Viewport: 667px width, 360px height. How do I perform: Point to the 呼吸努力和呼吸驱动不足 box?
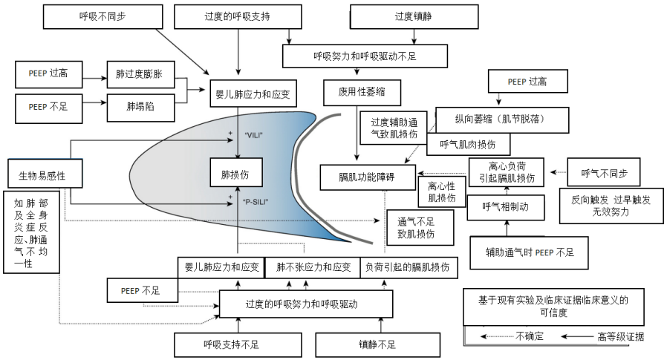(365, 56)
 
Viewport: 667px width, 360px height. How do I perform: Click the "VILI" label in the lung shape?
(255, 136)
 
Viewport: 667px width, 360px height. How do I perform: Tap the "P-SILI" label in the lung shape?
(256, 202)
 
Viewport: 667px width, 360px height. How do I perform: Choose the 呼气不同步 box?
(604, 174)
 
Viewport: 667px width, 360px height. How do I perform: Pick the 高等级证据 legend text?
(619, 336)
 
